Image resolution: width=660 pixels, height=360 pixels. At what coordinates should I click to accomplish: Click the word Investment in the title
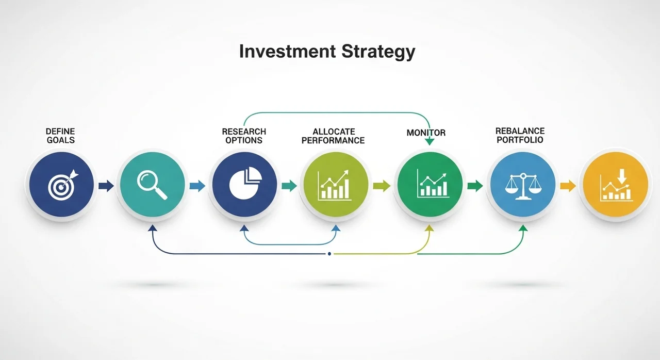click(x=287, y=51)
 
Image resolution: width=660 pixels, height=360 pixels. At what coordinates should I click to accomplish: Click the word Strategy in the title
click(x=378, y=52)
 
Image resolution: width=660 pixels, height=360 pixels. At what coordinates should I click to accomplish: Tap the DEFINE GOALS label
click(x=60, y=136)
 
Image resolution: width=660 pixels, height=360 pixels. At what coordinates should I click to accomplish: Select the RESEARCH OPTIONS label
click(x=244, y=136)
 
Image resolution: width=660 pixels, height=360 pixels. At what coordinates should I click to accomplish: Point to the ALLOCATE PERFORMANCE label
click(x=333, y=136)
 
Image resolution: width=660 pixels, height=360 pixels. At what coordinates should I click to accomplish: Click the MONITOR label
click(x=426, y=133)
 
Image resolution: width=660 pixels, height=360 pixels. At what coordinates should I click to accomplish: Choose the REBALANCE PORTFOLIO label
click(x=520, y=135)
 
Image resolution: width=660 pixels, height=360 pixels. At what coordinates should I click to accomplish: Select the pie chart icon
click(x=245, y=183)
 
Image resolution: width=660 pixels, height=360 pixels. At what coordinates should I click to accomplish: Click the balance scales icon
click(x=523, y=187)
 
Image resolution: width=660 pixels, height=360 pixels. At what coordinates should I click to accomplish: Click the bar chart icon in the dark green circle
click(x=432, y=183)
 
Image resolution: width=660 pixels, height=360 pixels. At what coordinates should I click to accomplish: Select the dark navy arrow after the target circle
click(x=106, y=186)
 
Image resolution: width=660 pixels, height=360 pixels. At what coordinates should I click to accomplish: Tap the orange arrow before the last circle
click(x=568, y=186)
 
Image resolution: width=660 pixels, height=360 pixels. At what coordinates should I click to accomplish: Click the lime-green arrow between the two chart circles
click(x=382, y=186)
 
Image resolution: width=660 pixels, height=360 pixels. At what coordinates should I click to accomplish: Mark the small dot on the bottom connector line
click(x=329, y=254)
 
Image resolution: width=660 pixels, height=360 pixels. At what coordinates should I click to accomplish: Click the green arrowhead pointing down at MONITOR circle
click(x=430, y=142)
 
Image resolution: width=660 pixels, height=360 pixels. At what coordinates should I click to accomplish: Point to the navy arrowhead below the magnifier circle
click(x=152, y=228)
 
